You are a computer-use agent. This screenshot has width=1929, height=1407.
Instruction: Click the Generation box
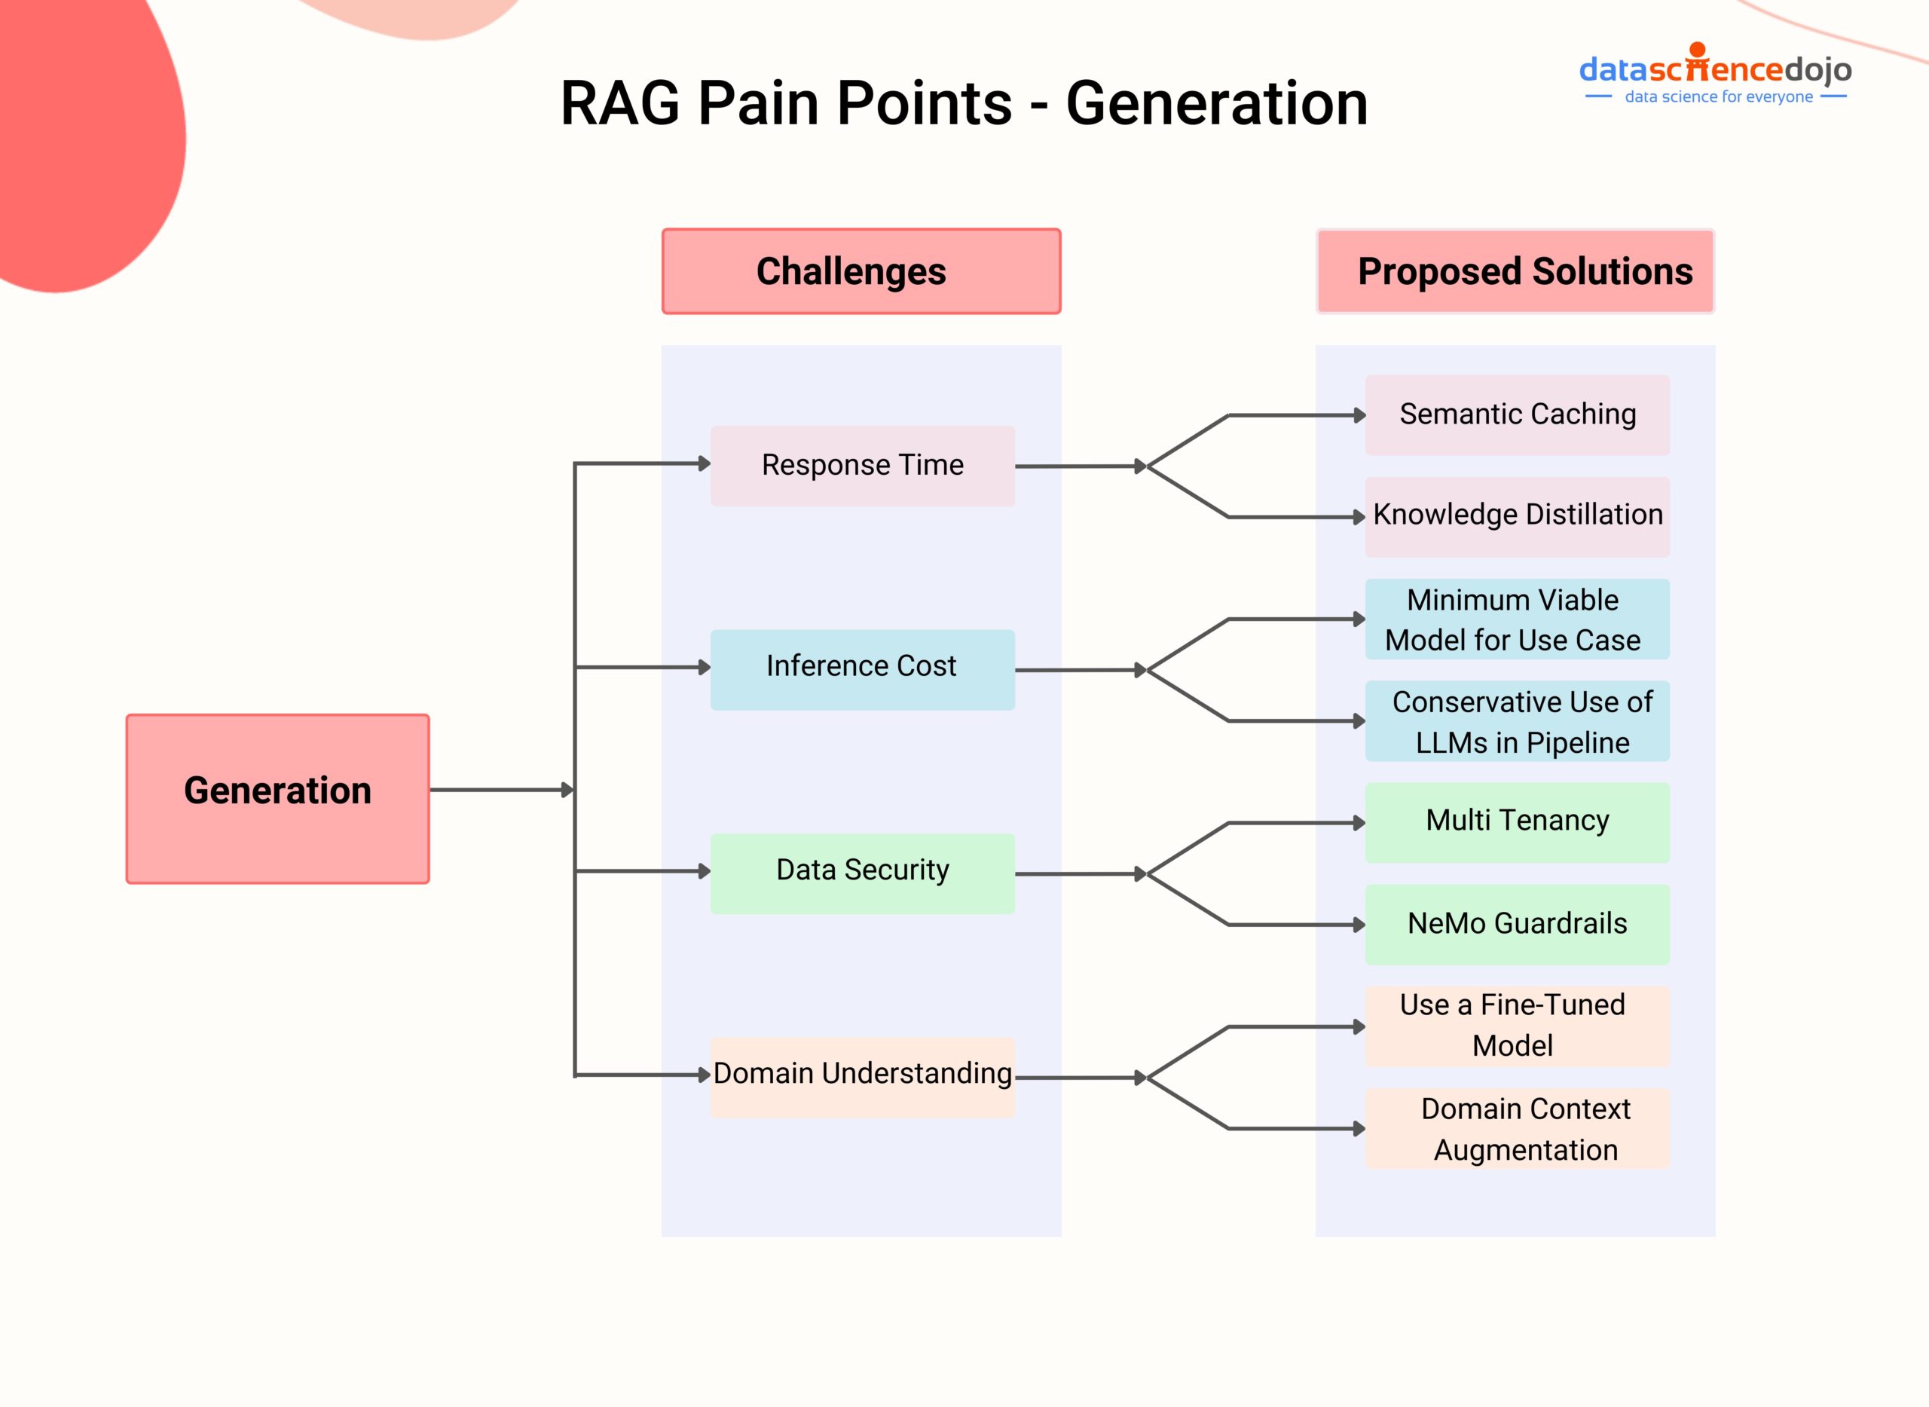(277, 798)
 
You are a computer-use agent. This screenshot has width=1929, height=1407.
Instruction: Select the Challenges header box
(861, 271)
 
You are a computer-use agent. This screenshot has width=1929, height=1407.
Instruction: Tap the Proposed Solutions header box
(1515, 271)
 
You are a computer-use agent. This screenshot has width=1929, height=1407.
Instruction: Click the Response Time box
(862, 466)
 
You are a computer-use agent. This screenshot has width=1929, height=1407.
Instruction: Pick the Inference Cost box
(862, 669)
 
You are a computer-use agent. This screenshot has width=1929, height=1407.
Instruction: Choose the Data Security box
(862, 873)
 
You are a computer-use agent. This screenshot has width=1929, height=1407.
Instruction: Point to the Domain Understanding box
(862, 1077)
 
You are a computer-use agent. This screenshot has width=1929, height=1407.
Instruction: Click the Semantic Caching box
(1517, 414)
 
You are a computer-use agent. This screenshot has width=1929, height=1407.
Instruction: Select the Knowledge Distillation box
(1517, 516)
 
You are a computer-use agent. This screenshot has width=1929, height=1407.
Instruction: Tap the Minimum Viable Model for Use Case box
(1517, 619)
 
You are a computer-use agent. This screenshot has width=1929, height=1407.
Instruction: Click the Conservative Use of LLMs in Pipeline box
(1517, 720)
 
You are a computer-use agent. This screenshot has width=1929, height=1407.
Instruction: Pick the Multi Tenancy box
(1517, 822)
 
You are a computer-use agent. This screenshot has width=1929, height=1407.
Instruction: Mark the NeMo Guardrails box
(1517, 924)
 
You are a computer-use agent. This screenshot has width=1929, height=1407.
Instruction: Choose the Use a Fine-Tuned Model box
(1517, 1026)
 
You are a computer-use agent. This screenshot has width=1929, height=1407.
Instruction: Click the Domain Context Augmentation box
(1517, 1127)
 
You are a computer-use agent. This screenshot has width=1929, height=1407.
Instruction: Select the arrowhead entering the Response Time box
(705, 463)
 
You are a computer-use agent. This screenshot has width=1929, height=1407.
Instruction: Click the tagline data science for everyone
(1718, 97)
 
